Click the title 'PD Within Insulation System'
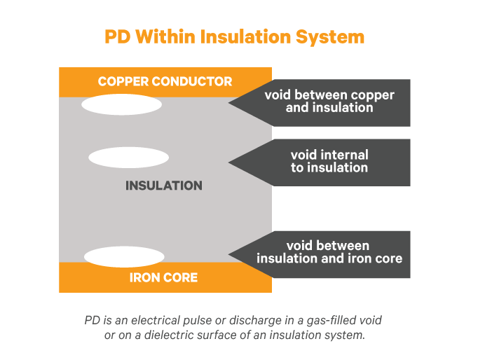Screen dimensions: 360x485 (x=235, y=36)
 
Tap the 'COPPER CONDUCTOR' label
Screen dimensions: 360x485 (x=165, y=81)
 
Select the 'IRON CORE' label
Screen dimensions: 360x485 (x=163, y=277)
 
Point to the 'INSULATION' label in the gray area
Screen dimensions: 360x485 (x=163, y=186)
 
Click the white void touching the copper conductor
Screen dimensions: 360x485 (x=121, y=105)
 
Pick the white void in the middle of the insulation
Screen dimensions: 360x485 (x=128, y=158)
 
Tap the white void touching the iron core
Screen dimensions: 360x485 (x=124, y=256)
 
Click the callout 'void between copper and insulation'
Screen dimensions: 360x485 (x=329, y=102)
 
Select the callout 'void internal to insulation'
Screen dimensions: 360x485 (x=329, y=162)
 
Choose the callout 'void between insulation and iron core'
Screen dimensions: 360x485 (x=329, y=252)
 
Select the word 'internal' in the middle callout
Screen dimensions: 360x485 (x=344, y=155)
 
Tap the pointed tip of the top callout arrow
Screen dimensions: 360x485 (x=230, y=103)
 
